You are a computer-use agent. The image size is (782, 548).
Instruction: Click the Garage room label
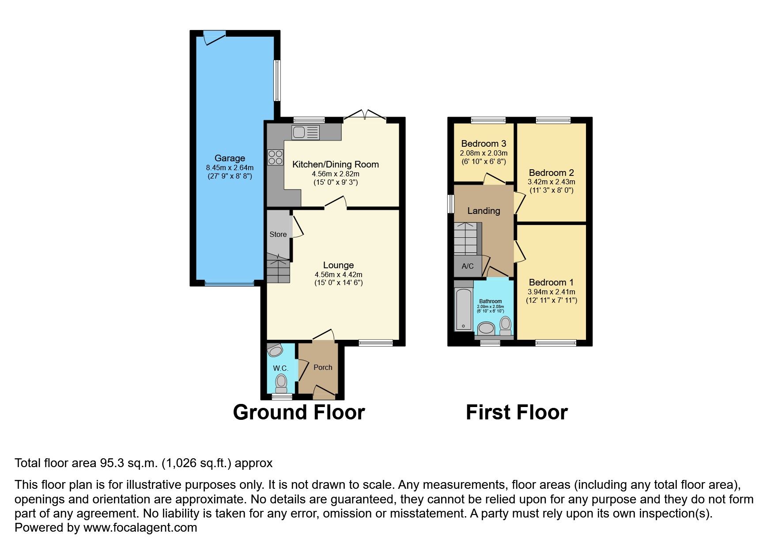(230, 158)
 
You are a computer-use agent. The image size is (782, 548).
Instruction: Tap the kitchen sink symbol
(305, 132)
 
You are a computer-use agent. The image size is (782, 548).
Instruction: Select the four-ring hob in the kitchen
(275, 157)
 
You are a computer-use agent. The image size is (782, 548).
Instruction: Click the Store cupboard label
(278, 234)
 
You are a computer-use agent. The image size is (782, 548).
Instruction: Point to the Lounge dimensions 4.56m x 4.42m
(338, 274)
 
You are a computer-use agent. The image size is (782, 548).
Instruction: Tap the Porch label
(323, 367)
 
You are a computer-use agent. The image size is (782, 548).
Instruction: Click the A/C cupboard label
(467, 266)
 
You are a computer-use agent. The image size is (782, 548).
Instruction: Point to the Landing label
(484, 211)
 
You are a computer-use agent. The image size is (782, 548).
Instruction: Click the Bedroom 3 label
(484, 144)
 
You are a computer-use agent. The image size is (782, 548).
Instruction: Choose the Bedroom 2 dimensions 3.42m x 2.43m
(551, 182)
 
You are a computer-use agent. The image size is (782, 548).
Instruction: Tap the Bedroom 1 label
(551, 282)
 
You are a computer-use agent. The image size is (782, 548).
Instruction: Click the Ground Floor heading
(298, 412)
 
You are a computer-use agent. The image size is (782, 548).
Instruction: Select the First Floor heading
(517, 412)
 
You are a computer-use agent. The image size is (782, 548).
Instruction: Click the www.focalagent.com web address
(140, 528)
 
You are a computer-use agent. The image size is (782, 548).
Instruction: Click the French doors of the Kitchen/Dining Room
(365, 116)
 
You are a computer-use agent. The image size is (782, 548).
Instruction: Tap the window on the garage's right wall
(277, 80)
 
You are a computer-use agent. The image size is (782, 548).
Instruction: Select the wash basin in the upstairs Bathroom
(486, 328)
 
